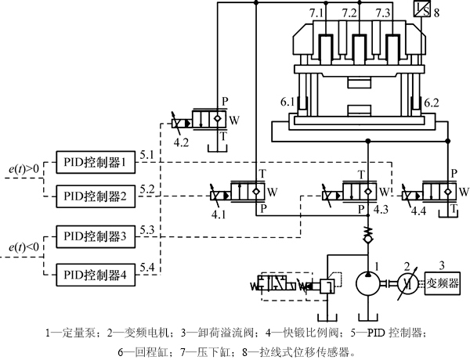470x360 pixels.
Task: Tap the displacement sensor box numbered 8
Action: [x=421, y=11]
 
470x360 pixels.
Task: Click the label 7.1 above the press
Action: [x=316, y=13]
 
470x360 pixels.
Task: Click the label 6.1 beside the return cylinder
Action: [x=286, y=103]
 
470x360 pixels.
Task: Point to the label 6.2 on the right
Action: [x=432, y=103]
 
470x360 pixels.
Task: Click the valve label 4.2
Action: [x=182, y=143]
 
